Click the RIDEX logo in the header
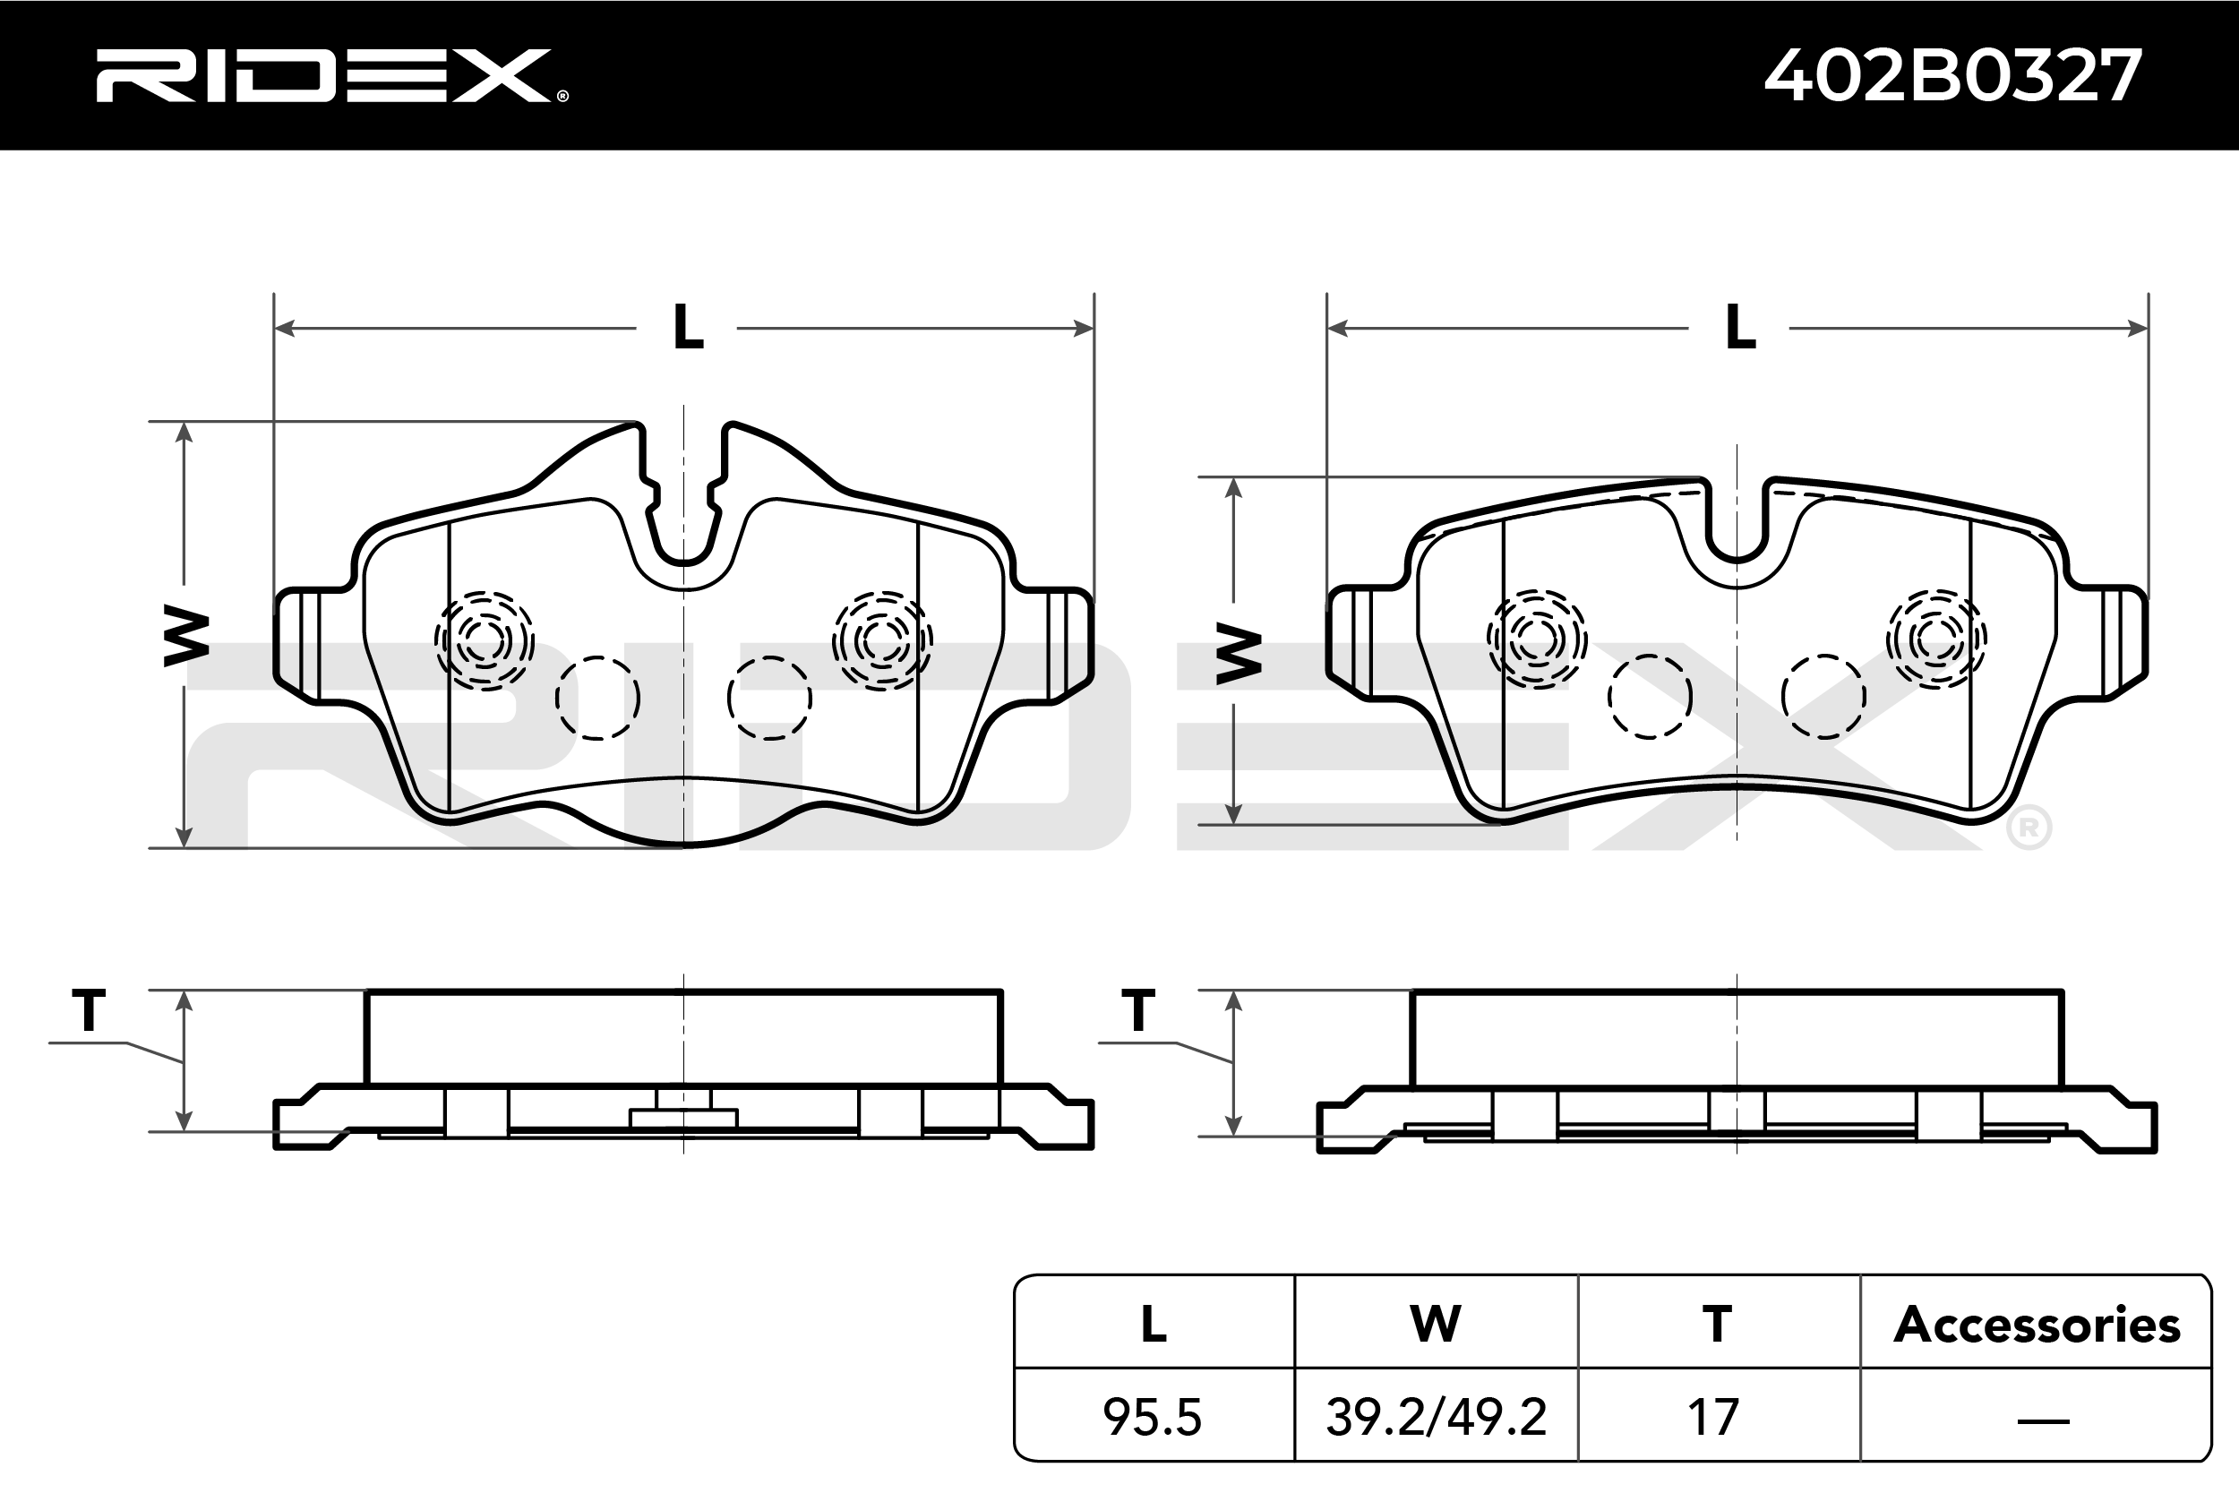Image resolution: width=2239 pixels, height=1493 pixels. [331, 75]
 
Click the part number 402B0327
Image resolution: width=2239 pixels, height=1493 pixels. [1953, 75]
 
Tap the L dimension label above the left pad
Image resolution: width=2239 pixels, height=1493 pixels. [687, 328]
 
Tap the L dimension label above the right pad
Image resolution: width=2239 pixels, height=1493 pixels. [1740, 328]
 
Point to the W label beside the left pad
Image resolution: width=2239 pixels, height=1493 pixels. [186, 635]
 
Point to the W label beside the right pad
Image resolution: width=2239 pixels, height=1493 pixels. [1239, 653]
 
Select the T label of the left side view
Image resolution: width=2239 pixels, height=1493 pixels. [89, 1010]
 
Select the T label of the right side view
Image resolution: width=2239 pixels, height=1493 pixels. [1138, 1010]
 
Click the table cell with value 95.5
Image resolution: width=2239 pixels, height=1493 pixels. [1153, 1417]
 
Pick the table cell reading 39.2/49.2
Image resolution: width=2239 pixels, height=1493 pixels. [1436, 1417]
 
